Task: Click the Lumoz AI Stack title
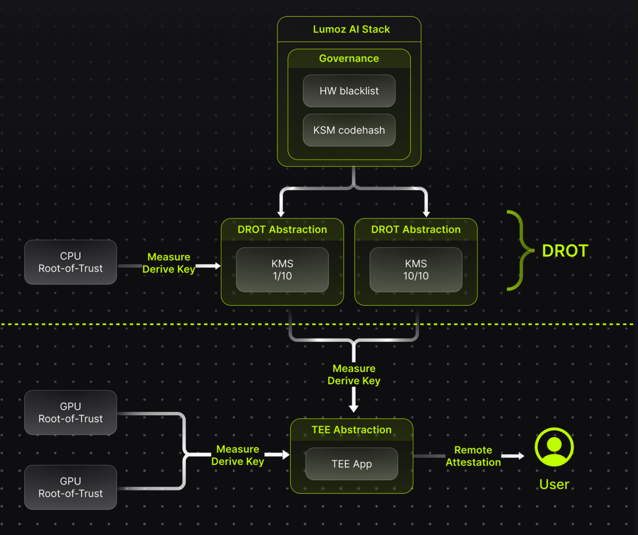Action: [351, 29]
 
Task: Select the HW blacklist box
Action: [349, 91]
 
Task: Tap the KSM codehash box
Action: [349, 130]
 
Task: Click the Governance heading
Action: [349, 59]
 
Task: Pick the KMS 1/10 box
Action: [282, 270]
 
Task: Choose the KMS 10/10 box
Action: [416, 270]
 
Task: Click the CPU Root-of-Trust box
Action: [71, 262]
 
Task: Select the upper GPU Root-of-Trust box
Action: [71, 412]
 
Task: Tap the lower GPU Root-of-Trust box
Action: [71, 487]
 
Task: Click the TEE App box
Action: [351, 464]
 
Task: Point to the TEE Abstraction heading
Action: [351, 430]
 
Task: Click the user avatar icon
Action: [554, 447]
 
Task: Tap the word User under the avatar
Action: [554, 485]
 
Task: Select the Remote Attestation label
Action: [473, 456]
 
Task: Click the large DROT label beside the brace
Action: [565, 251]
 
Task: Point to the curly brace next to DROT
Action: [520, 250]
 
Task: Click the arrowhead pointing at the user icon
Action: [521, 456]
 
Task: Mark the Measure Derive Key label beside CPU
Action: [169, 263]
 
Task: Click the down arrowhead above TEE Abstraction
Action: [353, 409]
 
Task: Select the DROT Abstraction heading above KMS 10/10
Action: [416, 230]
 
